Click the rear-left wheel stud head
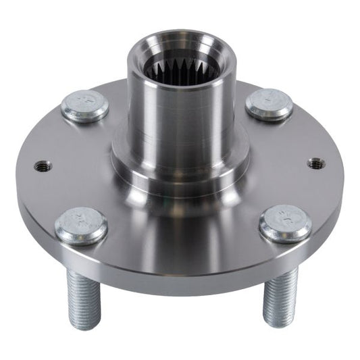pyautogui.click(x=85, y=107)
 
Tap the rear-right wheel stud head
pyautogui.click(x=269, y=104)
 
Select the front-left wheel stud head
pyautogui.click(x=81, y=226)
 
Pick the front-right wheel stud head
pyautogui.click(x=285, y=223)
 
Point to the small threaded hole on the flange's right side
pyautogui.click(x=314, y=163)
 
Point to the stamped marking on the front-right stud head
pyautogui.click(x=285, y=219)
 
